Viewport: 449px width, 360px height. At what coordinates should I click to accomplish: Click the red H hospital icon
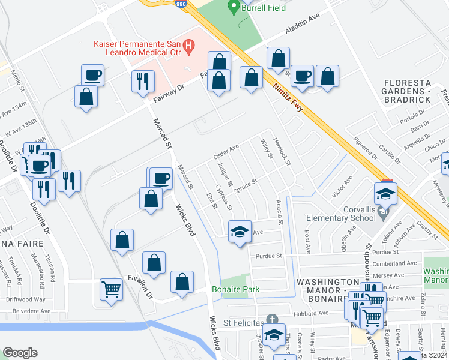point(189,44)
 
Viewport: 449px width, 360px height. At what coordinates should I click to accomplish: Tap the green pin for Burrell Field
point(234,8)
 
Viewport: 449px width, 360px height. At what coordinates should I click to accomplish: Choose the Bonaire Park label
point(235,289)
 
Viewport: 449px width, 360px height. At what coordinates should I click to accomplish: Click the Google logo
point(20,353)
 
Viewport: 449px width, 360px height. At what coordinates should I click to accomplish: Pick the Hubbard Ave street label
point(310,313)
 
